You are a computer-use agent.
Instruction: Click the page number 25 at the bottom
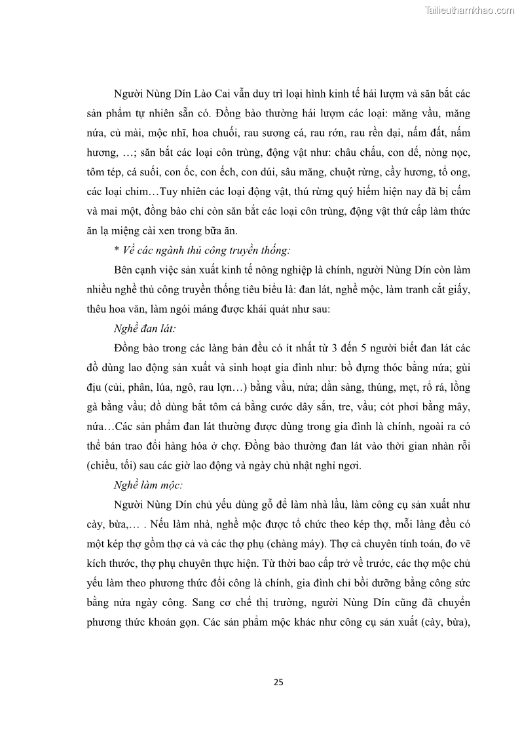point(278,682)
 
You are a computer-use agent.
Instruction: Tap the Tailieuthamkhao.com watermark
point(470,10)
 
